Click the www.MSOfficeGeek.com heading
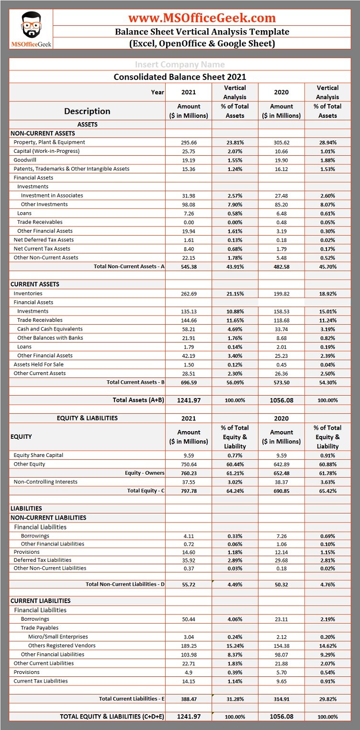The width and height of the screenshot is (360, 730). coord(202,18)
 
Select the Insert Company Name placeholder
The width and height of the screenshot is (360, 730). coord(180,65)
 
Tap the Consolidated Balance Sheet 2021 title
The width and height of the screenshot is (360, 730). coord(180,77)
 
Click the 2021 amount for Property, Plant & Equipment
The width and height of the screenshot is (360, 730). coord(189,143)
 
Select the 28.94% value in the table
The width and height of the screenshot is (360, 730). coord(327,143)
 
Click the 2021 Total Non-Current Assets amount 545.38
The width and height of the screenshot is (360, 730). coord(189,267)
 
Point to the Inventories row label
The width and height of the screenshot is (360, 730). coord(28,294)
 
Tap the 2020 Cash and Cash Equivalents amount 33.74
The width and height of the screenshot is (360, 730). coord(281,329)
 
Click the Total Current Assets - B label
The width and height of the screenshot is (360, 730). coord(135,382)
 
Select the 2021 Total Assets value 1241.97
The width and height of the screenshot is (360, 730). coord(189,400)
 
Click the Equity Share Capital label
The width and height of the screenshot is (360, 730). coord(38,455)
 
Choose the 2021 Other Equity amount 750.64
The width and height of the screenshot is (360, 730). coord(189,464)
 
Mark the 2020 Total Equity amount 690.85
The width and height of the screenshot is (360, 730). coord(281,491)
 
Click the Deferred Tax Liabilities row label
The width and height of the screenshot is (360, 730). coord(42,560)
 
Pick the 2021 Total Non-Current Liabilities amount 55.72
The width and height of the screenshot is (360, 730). coord(189,584)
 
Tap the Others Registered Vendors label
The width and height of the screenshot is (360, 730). coord(62,646)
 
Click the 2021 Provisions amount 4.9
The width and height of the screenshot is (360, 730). coord(189,673)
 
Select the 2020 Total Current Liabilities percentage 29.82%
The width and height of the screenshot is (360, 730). coord(327,699)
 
